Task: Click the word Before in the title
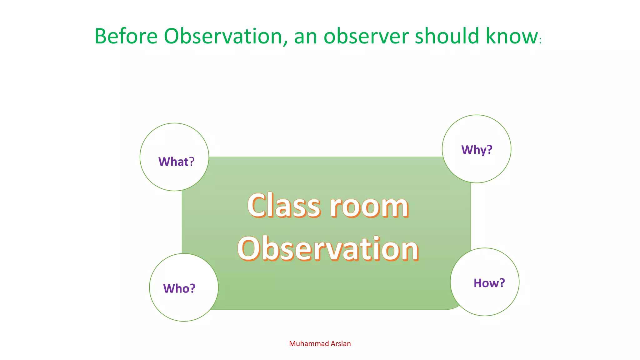pos(126,36)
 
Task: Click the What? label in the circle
pos(176,162)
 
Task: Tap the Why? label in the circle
pos(477,150)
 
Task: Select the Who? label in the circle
pos(179,288)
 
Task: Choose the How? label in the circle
pos(489,283)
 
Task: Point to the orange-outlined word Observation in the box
pos(328,249)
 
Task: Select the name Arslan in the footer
pos(341,344)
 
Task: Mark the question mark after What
pos(192,162)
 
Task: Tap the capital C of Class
pos(258,205)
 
